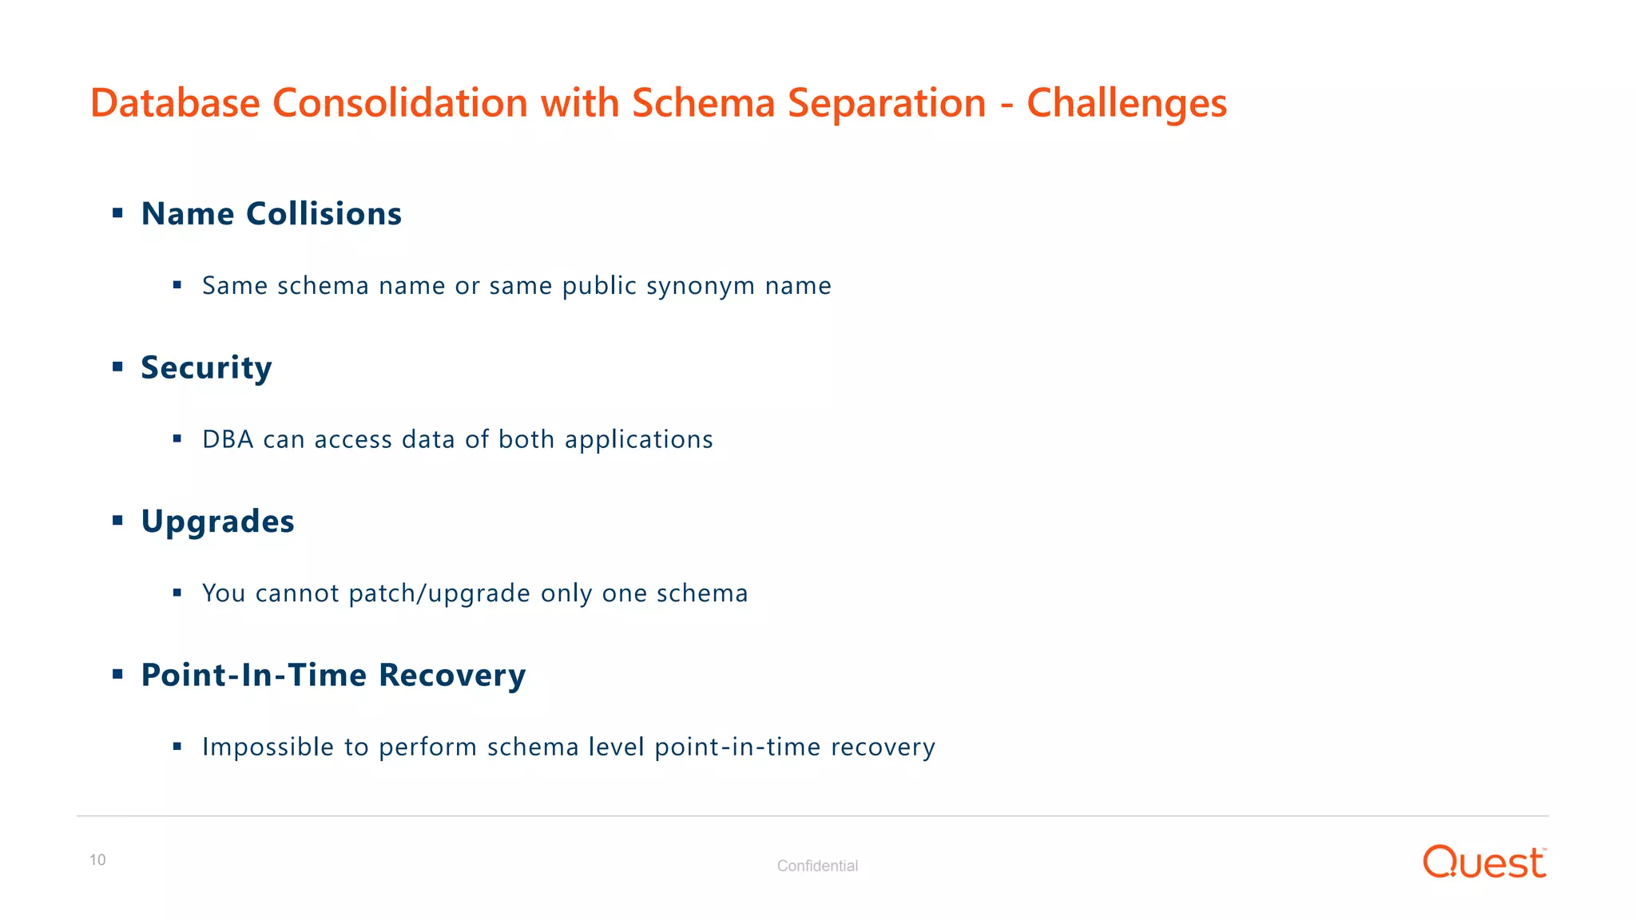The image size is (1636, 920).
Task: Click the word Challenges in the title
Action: pos(1126,103)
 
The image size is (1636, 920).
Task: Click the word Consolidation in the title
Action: pos(400,103)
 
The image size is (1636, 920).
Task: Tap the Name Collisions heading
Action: pos(272,214)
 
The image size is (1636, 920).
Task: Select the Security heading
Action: pos(206,367)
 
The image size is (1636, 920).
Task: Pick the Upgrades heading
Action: pos(217,521)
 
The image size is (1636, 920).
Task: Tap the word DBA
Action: pos(228,439)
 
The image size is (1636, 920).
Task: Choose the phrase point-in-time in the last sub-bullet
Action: pos(737,747)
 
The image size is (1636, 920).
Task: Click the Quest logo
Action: pos(1484,862)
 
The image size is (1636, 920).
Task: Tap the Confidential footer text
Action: pos(817,866)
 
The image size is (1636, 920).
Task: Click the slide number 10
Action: pos(97,860)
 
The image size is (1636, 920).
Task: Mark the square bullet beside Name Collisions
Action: pos(117,213)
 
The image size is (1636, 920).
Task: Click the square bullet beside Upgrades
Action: pos(117,521)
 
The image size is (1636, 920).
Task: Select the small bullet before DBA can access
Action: pos(177,438)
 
